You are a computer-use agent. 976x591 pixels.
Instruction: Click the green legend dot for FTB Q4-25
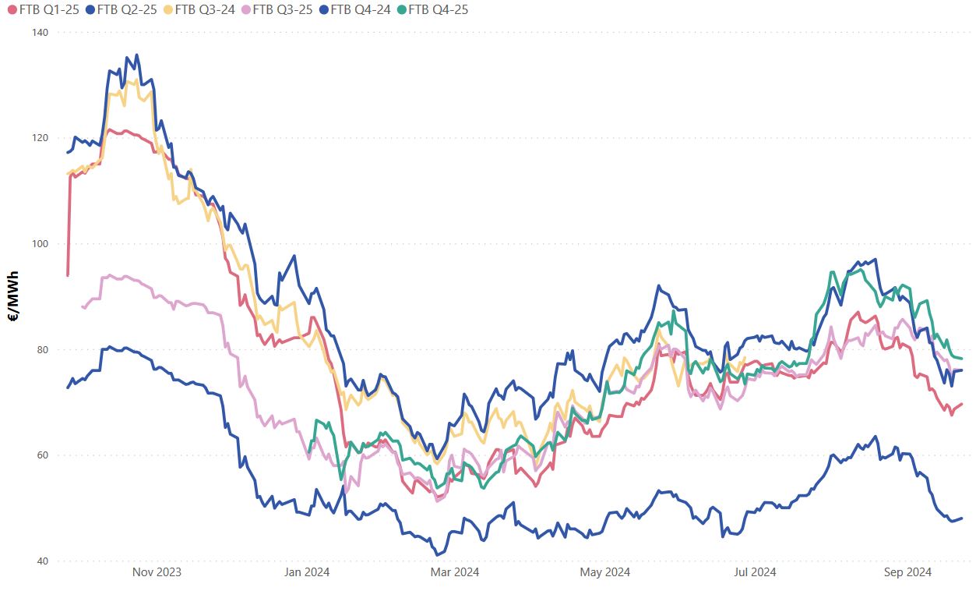click(x=400, y=10)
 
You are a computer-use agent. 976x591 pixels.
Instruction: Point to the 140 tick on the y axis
click(x=40, y=33)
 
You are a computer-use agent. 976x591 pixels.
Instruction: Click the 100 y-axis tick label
click(x=40, y=244)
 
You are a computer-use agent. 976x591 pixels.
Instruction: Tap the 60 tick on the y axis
click(x=42, y=455)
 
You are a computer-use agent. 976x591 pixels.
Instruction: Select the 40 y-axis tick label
click(x=42, y=561)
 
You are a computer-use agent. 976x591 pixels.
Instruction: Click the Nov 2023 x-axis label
click(x=157, y=572)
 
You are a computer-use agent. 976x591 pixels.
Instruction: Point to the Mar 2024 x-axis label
click(x=455, y=572)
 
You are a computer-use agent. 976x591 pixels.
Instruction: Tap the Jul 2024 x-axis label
click(x=755, y=572)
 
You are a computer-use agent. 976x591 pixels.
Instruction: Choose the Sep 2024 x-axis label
click(x=907, y=572)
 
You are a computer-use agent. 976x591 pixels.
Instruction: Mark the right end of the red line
click(x=962, y=404)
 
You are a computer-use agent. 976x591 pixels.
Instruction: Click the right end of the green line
click(x=962, y=358)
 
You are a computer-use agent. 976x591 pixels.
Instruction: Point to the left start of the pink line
click(x=83, y=306)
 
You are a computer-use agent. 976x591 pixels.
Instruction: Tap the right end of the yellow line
click(x=745, y=359)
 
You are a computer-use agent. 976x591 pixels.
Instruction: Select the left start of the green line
click(x=309, y=451)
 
